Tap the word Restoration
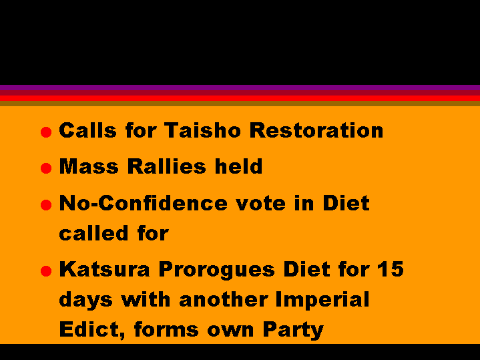pos(316,130)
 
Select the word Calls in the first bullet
pos(88,130)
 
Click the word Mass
pos(89,166)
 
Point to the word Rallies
pos(166,166)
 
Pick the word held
pos(238,166)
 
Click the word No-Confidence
pos(144,203)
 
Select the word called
pos(93,233)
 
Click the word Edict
pos(92,330)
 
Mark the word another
pos(224,299)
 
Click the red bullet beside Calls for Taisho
pos(46,132)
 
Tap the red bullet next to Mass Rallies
pos(46,168)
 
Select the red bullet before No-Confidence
pos(46,204)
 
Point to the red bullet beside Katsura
pos(46,271)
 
